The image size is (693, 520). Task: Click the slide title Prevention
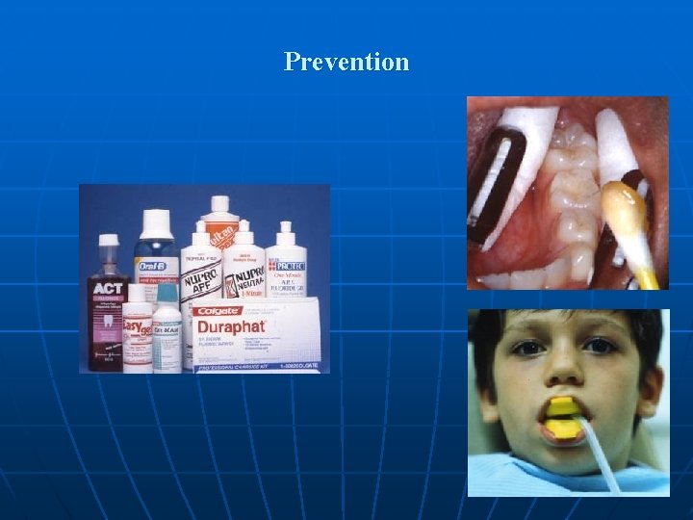click(346, 63)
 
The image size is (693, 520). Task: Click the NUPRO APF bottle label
click(201, 279)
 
